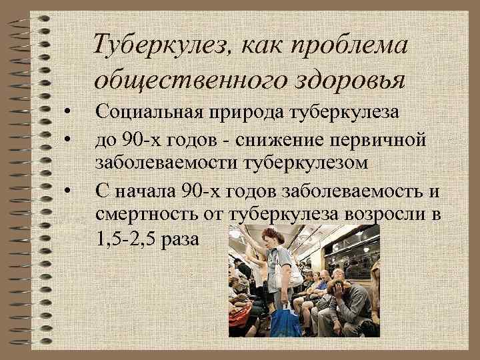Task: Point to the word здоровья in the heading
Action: (347, 81)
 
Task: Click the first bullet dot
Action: (68, 110)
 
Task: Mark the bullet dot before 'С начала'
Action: (68, 193)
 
